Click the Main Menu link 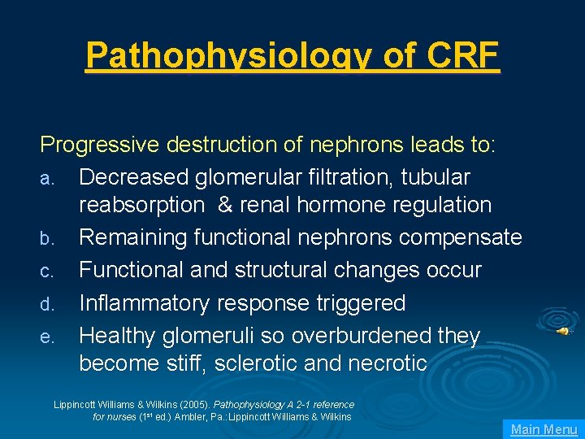(x=544, y=429)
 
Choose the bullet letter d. (x=46, y=305)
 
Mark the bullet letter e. (x=46, y=337)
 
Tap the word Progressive (x=100, y=145)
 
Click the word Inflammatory (x=146, y=302)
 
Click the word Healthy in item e (x=119, y=335)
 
